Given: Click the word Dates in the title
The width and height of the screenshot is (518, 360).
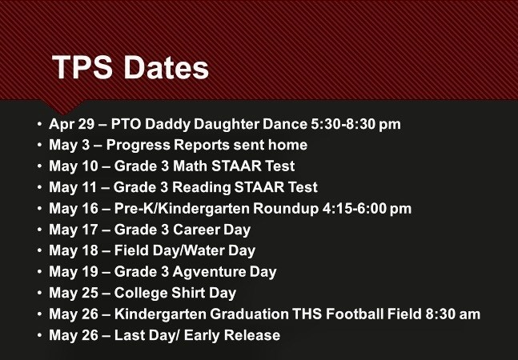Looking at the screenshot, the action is click(167, 67).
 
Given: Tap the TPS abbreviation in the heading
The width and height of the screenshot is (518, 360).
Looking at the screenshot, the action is click(82, 67).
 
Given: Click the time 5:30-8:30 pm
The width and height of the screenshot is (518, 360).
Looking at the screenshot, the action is click(355, 124).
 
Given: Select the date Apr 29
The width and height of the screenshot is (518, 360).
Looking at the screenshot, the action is click(72, 124).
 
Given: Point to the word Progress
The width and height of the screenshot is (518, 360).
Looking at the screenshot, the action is click(138, 146).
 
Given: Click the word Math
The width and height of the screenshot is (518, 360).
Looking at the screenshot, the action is click(191, 166).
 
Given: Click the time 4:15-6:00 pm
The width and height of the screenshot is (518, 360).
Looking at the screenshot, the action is click(367, 209).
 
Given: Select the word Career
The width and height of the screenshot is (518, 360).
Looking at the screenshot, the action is click(196, 230).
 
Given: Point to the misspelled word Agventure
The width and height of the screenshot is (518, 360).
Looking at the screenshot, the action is click(210, 272).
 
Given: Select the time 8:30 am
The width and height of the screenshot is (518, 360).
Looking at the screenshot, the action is click(452, 314).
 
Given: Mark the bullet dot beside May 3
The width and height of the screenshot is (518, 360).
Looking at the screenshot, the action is click(40, 145).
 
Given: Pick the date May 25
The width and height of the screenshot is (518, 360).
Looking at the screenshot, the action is click(74, 294).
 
